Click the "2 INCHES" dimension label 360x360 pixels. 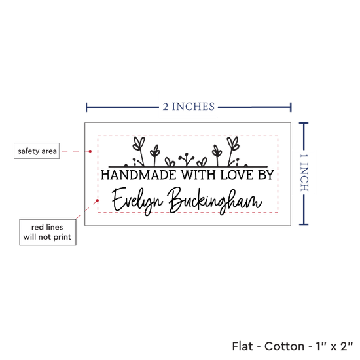189,107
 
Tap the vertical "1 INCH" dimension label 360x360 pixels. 304,173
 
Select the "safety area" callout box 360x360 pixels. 37,151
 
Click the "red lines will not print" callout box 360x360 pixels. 48,232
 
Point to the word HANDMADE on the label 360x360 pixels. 139,175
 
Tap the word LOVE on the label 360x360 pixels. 237,175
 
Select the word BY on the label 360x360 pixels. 266,175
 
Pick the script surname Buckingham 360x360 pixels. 215,201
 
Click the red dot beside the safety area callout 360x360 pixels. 90,151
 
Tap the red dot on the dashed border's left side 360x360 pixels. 98,200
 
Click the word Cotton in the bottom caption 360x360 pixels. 284,346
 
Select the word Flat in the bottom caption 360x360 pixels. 242,346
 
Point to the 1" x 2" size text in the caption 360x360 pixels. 334,346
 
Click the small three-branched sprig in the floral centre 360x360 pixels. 187,159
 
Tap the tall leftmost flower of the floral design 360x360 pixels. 139,151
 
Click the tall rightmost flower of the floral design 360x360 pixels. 232,151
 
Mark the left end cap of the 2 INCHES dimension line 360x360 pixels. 86,107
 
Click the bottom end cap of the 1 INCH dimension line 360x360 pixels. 304,225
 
